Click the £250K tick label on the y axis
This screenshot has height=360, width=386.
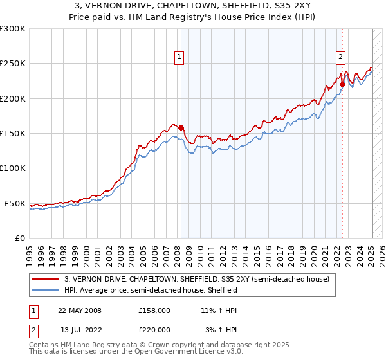click(x=13, y=64)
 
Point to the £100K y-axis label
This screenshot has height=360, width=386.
click(x=13, y=168)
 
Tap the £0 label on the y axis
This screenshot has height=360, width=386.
click(x=20, y=238)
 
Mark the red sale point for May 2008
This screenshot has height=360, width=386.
click(x=181, y=127)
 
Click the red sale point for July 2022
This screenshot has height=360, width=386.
click(x=342, y=84)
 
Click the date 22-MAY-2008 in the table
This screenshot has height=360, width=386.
click(x=79, y=310)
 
